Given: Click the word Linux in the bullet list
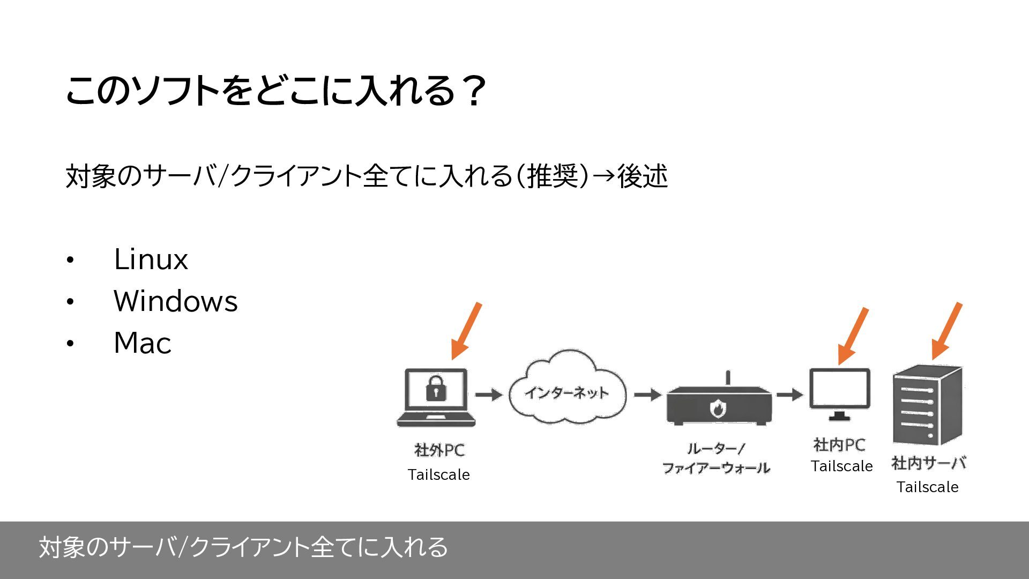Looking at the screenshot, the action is click(x=151, y=259).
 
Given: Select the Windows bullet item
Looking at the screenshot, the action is click(x=175, y=301).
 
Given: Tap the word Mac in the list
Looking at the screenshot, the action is click(x=142, y=343).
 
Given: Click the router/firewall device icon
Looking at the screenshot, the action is click(x=719, y=405).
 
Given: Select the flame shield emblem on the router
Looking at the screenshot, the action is click(x=717, y=409).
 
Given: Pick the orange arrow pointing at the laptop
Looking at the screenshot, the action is click(x=466, y=331).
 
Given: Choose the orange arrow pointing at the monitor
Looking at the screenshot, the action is click(x=853, y=336).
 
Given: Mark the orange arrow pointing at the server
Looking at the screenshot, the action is click(x=946, y=331).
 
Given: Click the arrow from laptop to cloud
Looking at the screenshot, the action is click(x=488, y=395).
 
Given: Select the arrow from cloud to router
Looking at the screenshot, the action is click(x=647, y=395).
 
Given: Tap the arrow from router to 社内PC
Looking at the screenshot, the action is click(x=789, y=395).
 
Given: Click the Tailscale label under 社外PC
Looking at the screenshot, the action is click(x=438, y=475).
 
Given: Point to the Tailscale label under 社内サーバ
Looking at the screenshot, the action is click(x=927, y=487).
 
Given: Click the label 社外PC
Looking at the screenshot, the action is click(x=439, y=450).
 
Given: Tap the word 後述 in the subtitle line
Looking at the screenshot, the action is click(x=642, y=176).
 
